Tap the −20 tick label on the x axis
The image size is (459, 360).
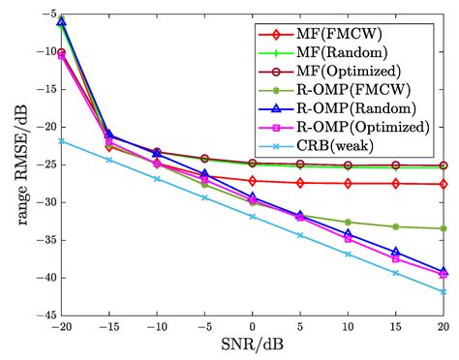61,326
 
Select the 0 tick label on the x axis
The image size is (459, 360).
253,326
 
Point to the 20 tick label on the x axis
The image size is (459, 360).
444,326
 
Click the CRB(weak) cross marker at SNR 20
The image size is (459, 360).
444,291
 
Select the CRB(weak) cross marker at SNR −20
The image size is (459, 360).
61,140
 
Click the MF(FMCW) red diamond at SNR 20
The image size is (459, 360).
444,184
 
